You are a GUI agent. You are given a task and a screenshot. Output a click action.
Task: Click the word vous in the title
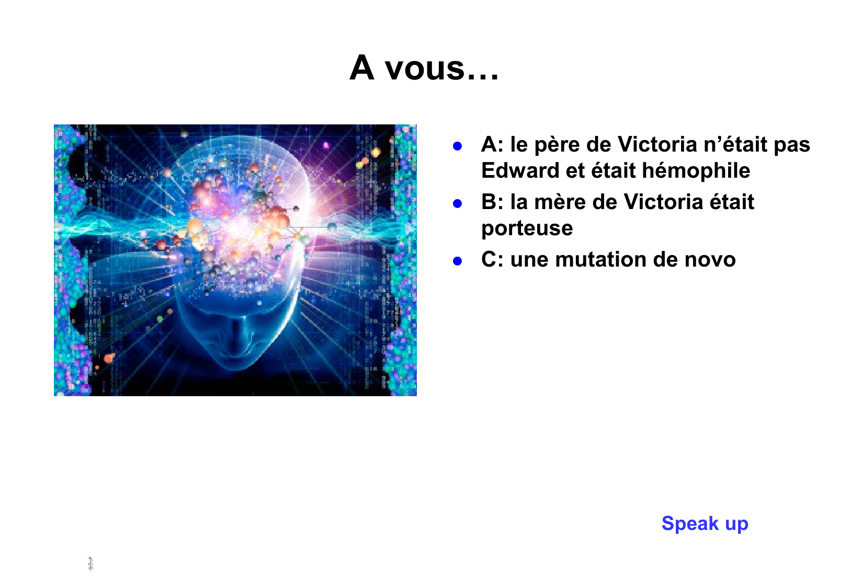point(425,69)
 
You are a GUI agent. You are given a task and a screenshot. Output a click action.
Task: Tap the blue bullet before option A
point(457,146)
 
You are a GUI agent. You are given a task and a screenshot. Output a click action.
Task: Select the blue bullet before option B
point(457,204)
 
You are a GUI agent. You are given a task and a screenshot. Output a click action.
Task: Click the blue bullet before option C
point(457,261)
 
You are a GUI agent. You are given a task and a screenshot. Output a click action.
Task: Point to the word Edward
point(520,170)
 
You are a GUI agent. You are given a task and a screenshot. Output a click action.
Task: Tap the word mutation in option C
point(600,260)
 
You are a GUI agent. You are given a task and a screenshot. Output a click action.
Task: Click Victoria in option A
point(657,144)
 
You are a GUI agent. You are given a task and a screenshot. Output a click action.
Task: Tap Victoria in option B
point(663,202)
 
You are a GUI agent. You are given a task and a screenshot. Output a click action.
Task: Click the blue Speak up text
point(705,524)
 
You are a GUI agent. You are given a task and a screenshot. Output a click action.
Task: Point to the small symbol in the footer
point(90,564)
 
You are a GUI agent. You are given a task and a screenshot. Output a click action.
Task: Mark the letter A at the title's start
point(361,68)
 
